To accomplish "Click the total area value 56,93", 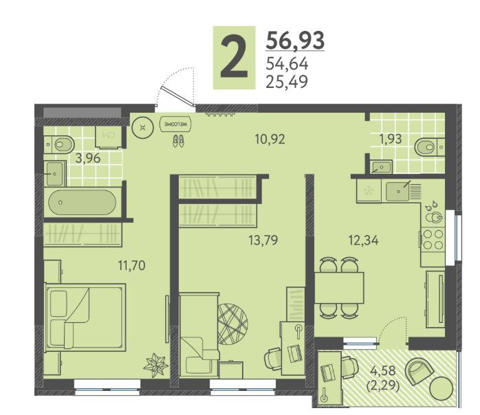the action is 295,41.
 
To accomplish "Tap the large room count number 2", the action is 234,58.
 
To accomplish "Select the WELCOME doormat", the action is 176,124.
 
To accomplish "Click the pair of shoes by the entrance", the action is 178,141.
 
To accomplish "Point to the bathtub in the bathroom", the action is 82,203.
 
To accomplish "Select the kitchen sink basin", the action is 398,192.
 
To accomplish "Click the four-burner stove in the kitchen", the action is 433,240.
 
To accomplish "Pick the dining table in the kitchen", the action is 339,287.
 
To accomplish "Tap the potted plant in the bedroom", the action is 155,365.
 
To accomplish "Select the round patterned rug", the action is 232,324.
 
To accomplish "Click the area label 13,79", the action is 263,240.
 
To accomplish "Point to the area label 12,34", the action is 363,240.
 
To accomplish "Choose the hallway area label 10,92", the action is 270,139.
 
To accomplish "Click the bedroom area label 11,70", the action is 131,265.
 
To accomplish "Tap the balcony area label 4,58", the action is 382,370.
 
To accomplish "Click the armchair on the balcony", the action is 419,371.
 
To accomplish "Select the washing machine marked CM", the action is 109,137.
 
